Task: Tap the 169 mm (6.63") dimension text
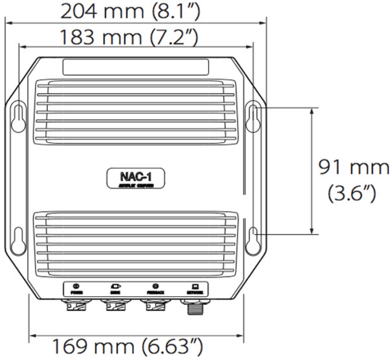125,346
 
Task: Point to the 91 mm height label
354,168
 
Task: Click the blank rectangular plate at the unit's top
135,67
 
